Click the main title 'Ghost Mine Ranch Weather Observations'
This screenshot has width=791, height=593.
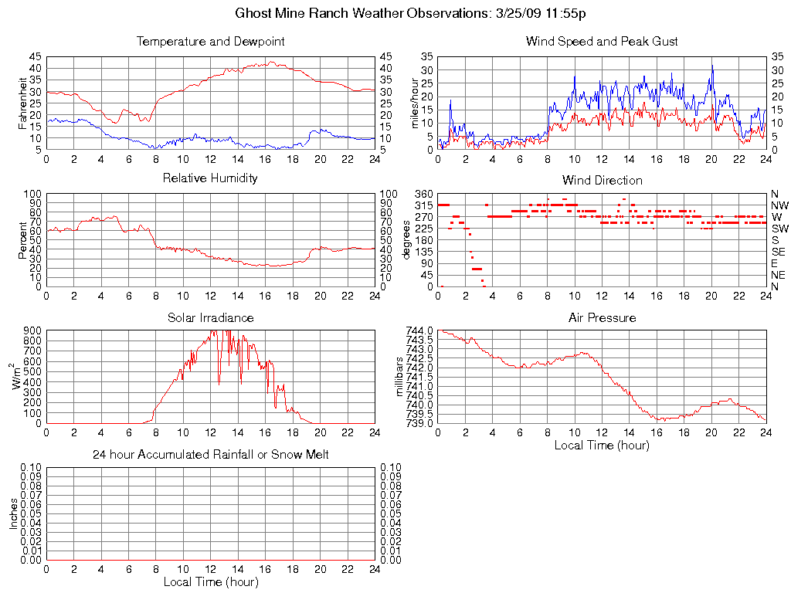pos(395,14)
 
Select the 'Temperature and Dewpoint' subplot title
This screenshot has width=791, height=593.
pos(210,42)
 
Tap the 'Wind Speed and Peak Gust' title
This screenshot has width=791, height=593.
pos(602,42)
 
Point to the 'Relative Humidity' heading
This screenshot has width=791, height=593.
pos(210,179)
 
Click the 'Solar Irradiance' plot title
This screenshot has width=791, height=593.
pos(210,317)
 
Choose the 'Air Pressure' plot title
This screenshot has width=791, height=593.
pos(602,317)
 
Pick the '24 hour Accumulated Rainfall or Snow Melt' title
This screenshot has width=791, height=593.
pos(210,455)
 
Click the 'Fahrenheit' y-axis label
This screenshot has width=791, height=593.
pos(24,103)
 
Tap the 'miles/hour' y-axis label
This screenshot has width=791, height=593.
pos(415,103)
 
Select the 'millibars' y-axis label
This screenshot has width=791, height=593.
pos(399,377)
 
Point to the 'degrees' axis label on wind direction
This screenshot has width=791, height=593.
pos(407,240)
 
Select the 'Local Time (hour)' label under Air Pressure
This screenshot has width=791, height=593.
pos(602,445)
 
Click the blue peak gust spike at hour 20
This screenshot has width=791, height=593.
pos(712,66)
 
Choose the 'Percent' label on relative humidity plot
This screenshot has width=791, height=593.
pos(24,240)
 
